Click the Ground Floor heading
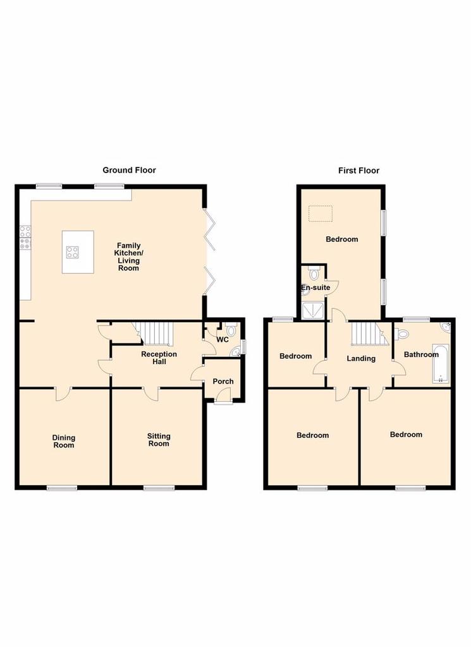coord(129,170)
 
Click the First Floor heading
coord(358,171)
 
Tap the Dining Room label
coord(64,441)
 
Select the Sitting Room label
coord(159,440)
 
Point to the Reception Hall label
coord(159,358)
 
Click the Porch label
coord(223,381)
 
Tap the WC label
coord(223,339)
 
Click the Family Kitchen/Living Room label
coord(129,257)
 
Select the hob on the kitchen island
coord(73,251)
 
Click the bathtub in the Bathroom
coord(440,363)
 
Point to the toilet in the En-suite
coord(314,273)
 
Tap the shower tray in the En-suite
coord(314,311)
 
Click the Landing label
coord(361,359)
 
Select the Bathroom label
coord(421,354)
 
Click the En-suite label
coord(315,287)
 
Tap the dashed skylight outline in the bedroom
coord(321,214)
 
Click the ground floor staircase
coord(154,334)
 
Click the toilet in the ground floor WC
coord(230,329)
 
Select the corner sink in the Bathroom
coord(446,328)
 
